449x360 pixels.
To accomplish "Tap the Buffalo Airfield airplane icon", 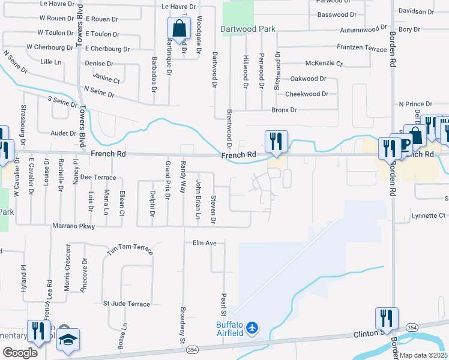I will tap(253, 328).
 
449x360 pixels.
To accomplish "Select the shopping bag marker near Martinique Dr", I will tap(179, 28).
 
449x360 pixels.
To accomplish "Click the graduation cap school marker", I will tap(68, 340).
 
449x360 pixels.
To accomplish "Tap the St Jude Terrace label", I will tap(127, 304).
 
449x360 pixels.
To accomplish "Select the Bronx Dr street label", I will tap(284, 110).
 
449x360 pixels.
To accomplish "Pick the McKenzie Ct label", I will tap(324, 63).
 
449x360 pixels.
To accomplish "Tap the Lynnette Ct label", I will tap(429, 215).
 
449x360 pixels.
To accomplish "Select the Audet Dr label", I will tap(63, 134).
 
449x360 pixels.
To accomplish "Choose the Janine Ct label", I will tap(106, 77).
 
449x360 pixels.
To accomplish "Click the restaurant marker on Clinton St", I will tap(385, 319).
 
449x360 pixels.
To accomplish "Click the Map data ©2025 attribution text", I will tap(423, 355).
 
